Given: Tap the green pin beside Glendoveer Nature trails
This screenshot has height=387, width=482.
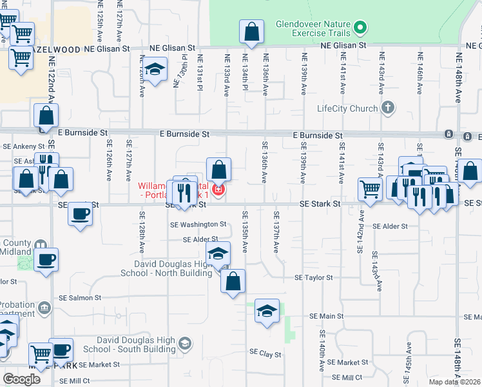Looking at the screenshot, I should (361, 28).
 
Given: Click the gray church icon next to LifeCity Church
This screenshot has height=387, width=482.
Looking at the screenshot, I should (387, 108).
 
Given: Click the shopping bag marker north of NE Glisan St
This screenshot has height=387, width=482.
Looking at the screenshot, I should (251, 31).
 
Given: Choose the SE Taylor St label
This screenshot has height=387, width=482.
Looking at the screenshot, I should (313, 278).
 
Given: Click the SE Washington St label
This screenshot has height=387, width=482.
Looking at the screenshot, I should (198, 224).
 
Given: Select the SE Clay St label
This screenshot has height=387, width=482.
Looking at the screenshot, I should (265, 354).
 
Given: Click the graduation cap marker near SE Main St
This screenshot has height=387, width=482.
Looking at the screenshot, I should (267, 311).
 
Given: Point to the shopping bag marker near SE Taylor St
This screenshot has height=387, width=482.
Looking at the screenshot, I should (233, 281).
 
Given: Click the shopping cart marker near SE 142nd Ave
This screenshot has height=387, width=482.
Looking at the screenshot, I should (370, 189).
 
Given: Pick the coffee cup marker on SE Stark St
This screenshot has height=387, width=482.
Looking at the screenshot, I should (80, 213).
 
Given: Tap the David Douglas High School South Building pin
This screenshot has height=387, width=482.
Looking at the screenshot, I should (185, 342).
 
